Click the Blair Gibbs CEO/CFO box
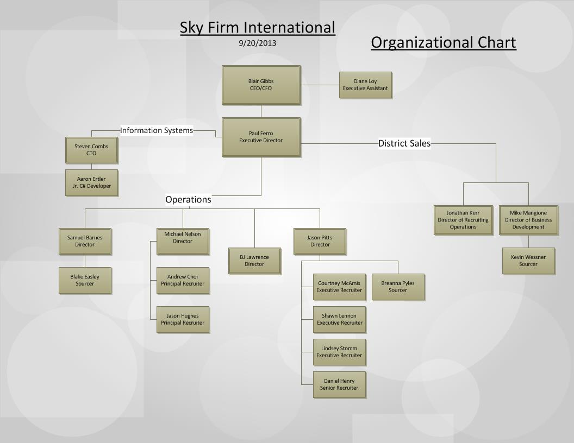pos(261,85)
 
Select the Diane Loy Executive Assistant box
pos(365,85)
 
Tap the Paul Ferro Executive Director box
pos(261,137)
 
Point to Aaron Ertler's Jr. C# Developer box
pos(91,183)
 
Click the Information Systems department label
pos(157,130)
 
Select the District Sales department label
pos(404,143)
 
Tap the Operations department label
pos(188,200)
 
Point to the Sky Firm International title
pos(258,28)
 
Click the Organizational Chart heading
pos(444,42)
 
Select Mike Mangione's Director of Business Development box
pos(528,220)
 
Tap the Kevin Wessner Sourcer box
pos(528,261)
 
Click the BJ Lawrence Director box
pos(254,261)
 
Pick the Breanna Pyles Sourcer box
pos(398,287)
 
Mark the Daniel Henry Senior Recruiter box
pos(339,385)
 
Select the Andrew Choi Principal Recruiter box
pos(183,281)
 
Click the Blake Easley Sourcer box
pos(85,281)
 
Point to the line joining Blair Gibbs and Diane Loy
pos(320,85)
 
